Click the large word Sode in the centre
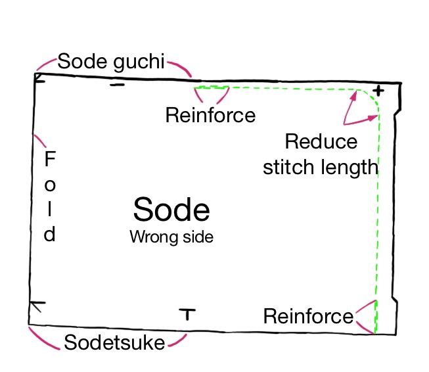(171, 210)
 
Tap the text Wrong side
(171, 237)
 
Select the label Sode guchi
(111, 62)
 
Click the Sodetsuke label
(114, 342)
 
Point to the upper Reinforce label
(210, 116)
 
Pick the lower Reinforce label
(308, 317)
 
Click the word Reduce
(321, 141)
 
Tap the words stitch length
(321, 167)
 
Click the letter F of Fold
(51, 159)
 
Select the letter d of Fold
(50, 234)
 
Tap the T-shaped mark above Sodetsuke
(188, 314)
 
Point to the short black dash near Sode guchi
(117, 85)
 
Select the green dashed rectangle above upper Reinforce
(210, 87)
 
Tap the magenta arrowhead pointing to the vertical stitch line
(375, 117)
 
